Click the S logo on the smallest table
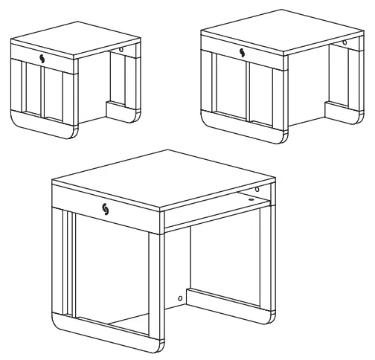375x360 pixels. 42,56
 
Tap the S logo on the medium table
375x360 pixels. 242,51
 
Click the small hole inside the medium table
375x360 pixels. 344,42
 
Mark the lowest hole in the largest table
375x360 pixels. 179,298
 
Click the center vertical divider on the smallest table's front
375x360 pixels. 42,92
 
